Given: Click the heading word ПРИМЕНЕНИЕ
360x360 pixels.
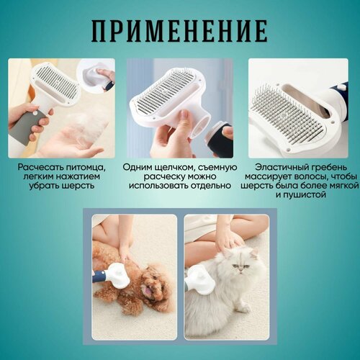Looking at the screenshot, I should pyautogui.click(x=179, y=31).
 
